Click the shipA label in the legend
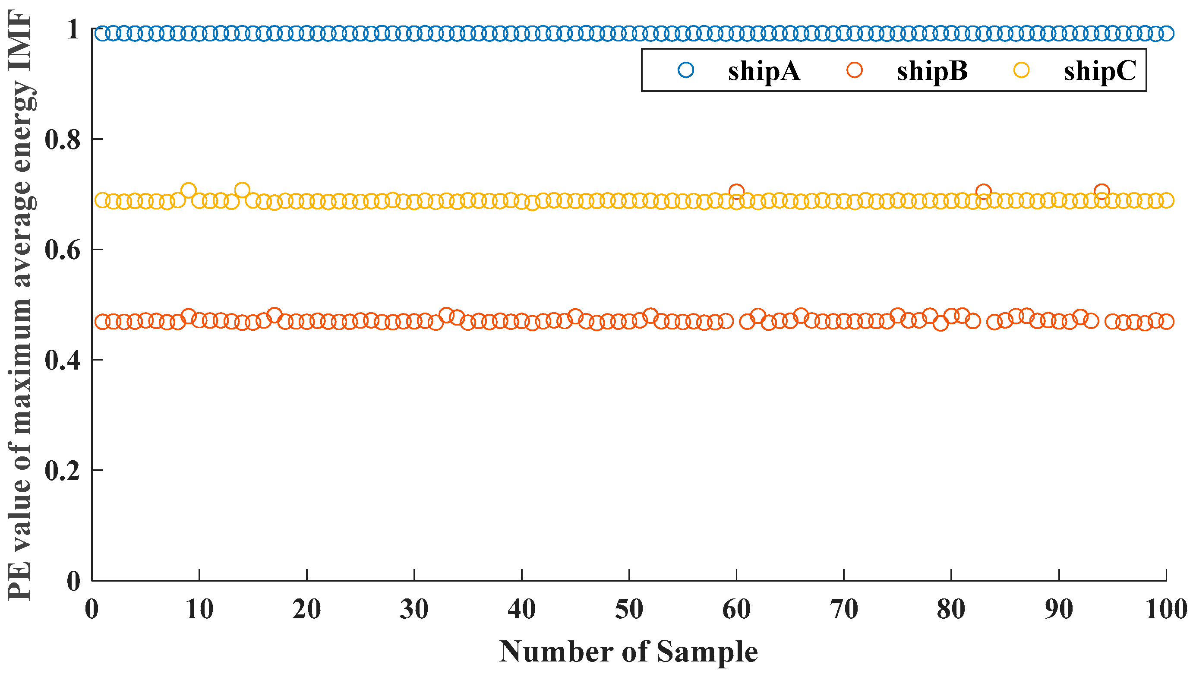[763, 71]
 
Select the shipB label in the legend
[932, 71]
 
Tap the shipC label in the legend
[1099, 71]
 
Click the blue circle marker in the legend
[686, 70]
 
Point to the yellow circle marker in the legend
[1021, 70]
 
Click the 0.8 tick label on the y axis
[63, 139]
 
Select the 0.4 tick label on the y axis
[63, 360]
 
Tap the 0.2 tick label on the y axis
[63, 471]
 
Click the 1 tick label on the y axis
[73, 29]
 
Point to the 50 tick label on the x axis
[629, 609]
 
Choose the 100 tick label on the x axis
[1166, 609]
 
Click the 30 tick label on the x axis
[414, 609]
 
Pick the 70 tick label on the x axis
[844, 609]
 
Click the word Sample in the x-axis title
[707, 652]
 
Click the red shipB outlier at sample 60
[736, 191]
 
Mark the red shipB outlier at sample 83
[983, 191]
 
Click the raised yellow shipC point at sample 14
[242, 190]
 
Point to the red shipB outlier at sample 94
[1102, 191]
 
